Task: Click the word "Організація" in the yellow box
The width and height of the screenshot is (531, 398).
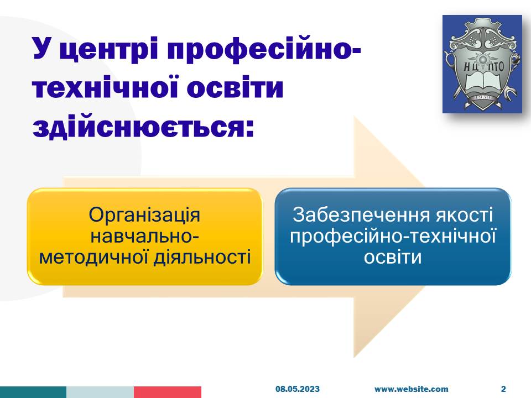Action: [x=144, y=215]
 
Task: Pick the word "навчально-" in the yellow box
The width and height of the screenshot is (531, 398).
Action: [x=144, y=236]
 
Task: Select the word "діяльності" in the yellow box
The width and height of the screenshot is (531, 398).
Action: [x=202, y=257]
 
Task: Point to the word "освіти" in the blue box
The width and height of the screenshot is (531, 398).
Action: [x=393, y=257]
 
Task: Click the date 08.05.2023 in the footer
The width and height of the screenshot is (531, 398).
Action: [x=298, y=389]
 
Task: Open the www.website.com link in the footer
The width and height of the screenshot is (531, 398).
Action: [x=411, y=389]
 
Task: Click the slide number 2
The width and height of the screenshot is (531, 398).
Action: [x=503, y=389]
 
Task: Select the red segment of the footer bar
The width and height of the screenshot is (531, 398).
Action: [x=168, y=392]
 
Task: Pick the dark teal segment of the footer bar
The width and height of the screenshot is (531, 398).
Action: [x=33, y=392]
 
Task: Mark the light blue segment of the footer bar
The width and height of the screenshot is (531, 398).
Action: [x=100, y=392]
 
